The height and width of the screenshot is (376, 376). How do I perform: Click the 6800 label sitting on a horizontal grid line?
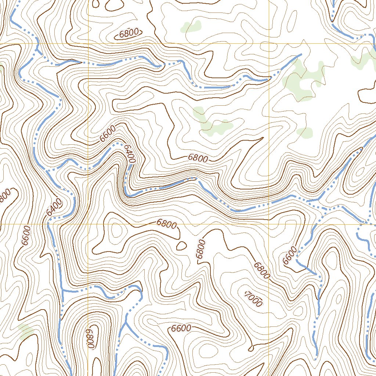[166, 224]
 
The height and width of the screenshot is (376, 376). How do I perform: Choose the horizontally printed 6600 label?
[181, 328]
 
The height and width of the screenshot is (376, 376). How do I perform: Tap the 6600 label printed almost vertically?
[26, 235]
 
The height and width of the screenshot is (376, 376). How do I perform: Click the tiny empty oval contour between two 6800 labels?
[181, 246]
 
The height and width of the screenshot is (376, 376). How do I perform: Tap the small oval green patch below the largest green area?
[304, 132]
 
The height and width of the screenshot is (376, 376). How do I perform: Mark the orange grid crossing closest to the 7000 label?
[269, 224]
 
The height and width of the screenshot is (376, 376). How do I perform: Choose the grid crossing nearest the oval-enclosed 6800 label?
[88, 44]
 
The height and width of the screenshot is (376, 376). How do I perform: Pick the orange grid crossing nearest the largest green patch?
[269, 44]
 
